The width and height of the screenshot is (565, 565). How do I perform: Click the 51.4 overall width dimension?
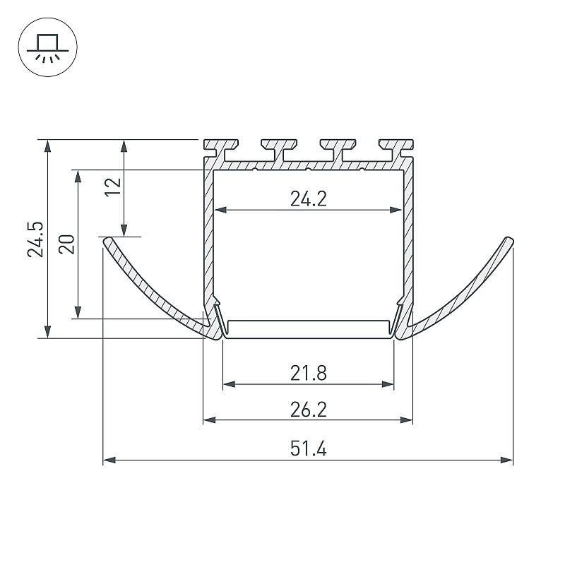tap(309, 449)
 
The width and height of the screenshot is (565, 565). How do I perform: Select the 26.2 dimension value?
tap(309, 410)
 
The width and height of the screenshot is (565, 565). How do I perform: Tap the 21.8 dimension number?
tap(309, 374)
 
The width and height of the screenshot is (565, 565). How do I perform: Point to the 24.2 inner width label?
tap(309, 199)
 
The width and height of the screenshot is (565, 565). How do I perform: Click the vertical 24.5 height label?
tap(35, 239)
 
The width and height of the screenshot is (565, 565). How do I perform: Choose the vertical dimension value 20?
tap(66, 244)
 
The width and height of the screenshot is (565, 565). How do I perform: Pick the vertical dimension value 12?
tap(113, 186)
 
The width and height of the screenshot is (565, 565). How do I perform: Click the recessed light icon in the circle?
tap(47, 48)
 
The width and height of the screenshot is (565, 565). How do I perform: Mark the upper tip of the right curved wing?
tap(509, 239)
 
